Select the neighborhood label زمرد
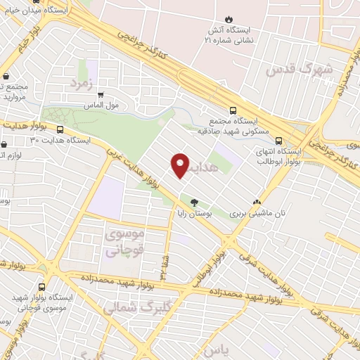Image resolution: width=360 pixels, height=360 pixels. click(82, 82)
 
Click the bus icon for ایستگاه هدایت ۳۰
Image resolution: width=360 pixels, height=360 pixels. click(60, 130)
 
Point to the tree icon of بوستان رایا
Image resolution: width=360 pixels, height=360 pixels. click(194, 201)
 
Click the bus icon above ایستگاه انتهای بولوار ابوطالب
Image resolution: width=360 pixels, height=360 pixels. click(280, 140)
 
